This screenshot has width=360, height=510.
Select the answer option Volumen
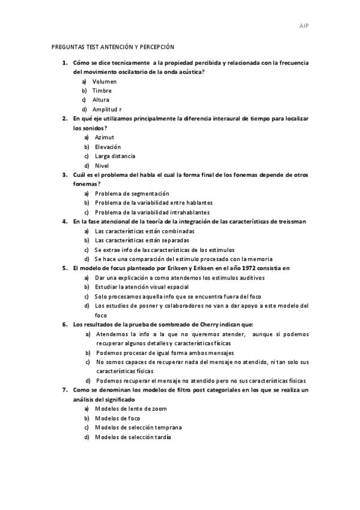(x=104, y=81)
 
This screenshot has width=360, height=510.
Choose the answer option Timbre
(x=102, y=90)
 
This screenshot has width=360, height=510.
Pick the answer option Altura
(x=100, y=99)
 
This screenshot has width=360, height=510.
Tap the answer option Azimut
(x=105, y=137)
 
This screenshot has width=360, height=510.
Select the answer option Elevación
(x=108, y=146)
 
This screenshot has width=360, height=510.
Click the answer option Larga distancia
(x=115, y=156)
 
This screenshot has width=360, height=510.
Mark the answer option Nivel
(x=102, y=165)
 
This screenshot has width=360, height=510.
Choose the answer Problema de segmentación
(x=132, y=193)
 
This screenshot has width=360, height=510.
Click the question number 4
(x=64, y=221)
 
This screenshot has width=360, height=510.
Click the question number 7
(x=64, y=390)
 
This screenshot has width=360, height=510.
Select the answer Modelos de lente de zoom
(x=130, y=408)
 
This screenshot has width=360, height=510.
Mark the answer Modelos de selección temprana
(x=138, y=427)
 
